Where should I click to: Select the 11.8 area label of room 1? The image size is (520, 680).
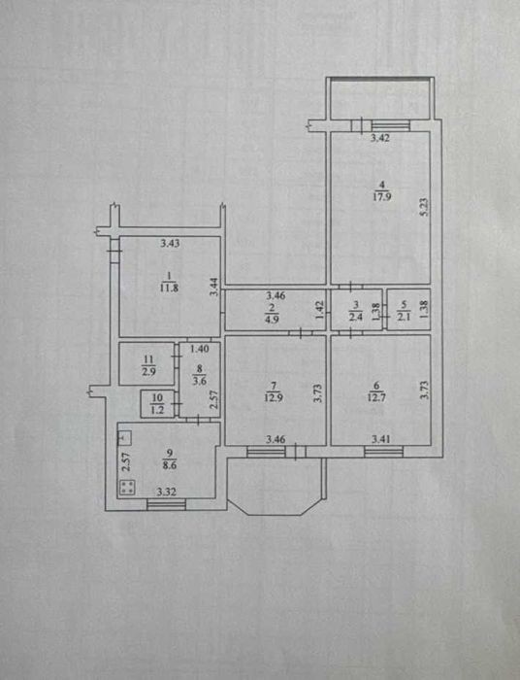(170, 288)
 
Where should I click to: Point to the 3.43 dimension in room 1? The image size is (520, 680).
(170, 243)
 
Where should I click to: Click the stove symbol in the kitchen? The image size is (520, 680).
(128, 488)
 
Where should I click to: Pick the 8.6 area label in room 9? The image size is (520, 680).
(170, 465)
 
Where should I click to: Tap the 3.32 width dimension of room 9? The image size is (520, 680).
(166, 492)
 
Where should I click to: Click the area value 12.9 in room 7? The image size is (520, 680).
(275, 396)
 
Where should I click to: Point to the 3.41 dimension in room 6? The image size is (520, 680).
(381, 439)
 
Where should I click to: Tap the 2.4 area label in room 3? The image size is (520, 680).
(356, 317)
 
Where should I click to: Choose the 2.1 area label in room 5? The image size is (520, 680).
(404, 317)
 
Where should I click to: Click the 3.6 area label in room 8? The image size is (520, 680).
(199, 382)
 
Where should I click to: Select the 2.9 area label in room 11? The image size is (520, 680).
(148, 371)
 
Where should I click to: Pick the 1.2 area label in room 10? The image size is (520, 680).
(157, 409)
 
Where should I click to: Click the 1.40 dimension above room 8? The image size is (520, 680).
(200, 348)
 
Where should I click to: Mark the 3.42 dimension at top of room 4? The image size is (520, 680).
(381, 138)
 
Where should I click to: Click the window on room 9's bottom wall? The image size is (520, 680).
(167, 504)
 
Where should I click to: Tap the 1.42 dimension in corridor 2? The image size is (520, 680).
(320, 310)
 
